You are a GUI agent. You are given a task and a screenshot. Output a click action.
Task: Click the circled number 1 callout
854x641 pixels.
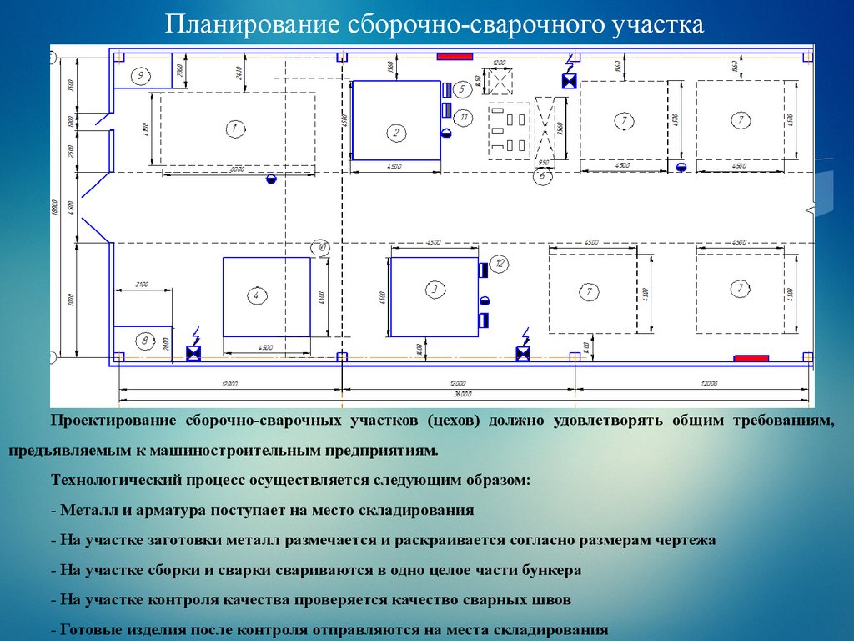click(x=234, y=129)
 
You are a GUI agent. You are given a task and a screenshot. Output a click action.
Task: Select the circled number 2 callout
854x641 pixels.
click(x=397, y=132)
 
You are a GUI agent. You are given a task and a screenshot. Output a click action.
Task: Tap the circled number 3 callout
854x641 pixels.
click(x=434, y=289)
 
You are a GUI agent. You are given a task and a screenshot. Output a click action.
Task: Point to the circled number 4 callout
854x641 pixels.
click(x=257, y=295)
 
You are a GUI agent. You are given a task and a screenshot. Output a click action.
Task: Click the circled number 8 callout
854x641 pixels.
click(x=144, y=341)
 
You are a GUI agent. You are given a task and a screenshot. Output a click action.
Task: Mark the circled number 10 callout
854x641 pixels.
click(x=320, y=247)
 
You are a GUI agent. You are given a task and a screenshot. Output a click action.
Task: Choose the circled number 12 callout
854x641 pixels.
click(x=500, y=265)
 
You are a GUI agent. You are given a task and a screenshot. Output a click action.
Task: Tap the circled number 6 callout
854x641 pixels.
click(x=542, y=176)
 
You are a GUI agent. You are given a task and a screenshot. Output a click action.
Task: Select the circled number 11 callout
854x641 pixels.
click(x=465, y=117)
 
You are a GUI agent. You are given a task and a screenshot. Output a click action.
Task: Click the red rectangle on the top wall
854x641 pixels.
click(x=455, y=57)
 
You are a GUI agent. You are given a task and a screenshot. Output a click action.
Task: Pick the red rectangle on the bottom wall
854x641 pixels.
click(x=751, y=358)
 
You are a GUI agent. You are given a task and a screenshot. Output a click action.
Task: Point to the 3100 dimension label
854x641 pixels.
click(x=141, y=285)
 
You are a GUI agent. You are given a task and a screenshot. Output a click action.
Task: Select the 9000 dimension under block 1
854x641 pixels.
click(x=237, y=170)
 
